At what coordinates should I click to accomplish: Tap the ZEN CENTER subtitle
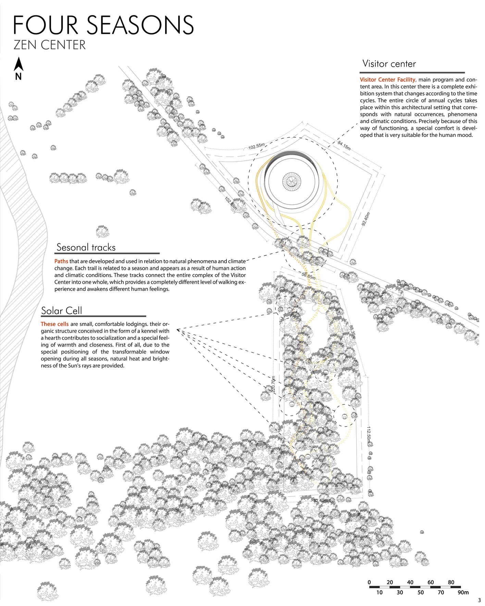click(x=50, y=45)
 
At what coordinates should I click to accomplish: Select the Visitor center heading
click(x=389, y=64)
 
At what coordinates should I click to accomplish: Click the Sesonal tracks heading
click(x=86, y=247)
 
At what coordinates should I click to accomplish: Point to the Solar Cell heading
click(x=62, y=311)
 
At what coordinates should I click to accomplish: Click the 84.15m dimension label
click(x=344, y=145)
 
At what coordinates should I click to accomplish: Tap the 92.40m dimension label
click(x=366, y=219)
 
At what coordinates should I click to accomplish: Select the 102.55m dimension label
click(x=257, y=147)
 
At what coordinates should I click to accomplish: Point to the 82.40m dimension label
click(x=321, y=500)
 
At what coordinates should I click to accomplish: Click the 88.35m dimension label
click(x=352, y=332)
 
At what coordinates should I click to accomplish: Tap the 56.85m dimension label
click(x=308, y=275)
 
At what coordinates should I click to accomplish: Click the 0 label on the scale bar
click(x=369, y=582)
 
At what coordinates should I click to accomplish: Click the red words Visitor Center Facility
click(x=387, y=79)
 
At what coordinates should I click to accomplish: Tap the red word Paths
click(x=61, y=261)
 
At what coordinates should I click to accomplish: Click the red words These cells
click(x=54, y=324)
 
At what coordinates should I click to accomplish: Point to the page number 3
click(x=479, y=600)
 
